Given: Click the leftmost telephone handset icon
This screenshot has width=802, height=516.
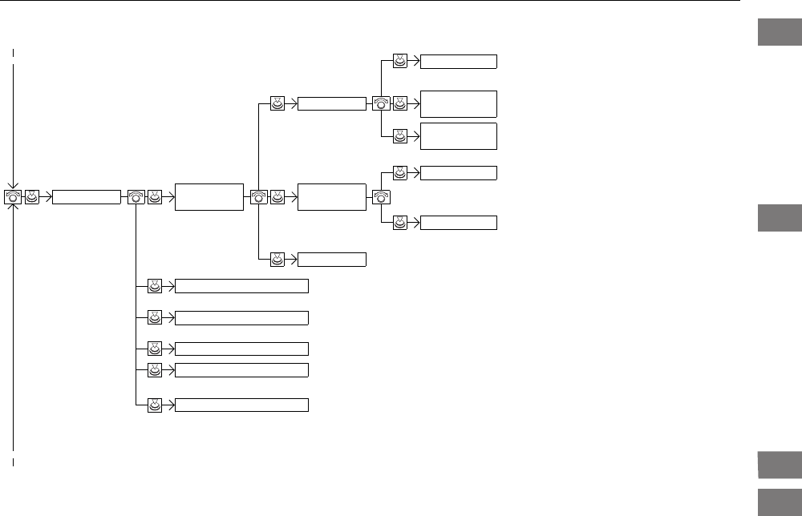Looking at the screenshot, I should click(14, 196).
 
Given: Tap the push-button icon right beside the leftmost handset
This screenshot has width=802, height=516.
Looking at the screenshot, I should click(31, 196).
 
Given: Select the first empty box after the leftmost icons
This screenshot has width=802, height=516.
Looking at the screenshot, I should click(86, 196).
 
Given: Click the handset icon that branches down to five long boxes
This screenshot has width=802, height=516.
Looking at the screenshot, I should click(136, 196).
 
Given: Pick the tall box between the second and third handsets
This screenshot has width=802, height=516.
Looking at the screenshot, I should click(209, 196).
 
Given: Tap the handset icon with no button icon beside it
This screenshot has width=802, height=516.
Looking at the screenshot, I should click(381, 196).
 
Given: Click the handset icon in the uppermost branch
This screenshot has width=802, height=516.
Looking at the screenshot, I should click(381, 103).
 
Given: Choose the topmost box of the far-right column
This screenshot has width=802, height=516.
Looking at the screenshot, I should click(459, 61).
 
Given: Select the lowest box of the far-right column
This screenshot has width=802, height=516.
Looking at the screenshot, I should click(459, 223).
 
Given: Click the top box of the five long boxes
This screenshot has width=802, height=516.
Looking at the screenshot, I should click(241, 286).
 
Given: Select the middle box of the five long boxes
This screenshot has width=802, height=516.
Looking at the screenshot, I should click(241, 349).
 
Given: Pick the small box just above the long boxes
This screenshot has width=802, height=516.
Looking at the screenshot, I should click(332, 259).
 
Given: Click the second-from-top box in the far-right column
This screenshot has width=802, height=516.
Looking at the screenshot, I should click(459, 103).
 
